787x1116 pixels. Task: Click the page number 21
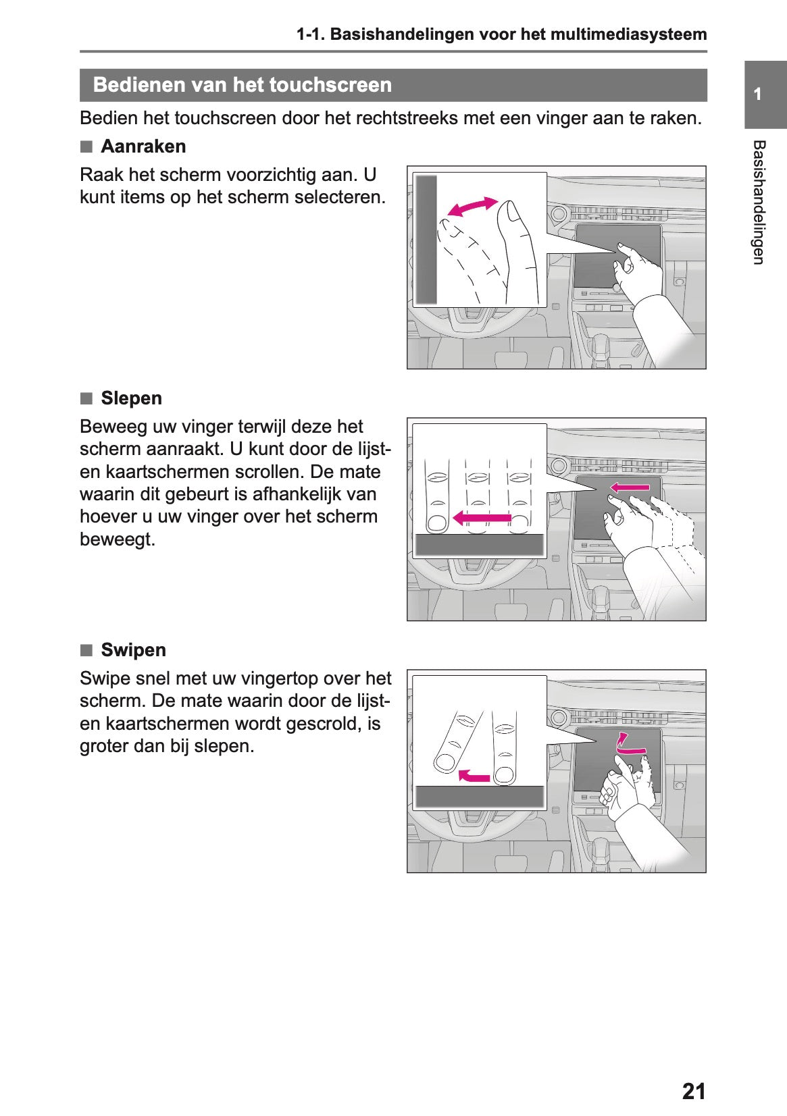point(693,1091)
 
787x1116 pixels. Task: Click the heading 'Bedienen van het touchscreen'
point(242,85)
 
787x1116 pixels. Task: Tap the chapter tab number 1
point(758,94)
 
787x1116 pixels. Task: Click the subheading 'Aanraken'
point(143,147)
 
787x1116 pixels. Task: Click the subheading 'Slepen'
point(131,398)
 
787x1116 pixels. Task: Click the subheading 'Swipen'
point(133,650)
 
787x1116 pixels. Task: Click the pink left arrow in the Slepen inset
point(481,518)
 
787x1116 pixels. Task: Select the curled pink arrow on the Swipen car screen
point(630,744)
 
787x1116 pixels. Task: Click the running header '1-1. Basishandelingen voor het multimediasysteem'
point(502,34)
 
